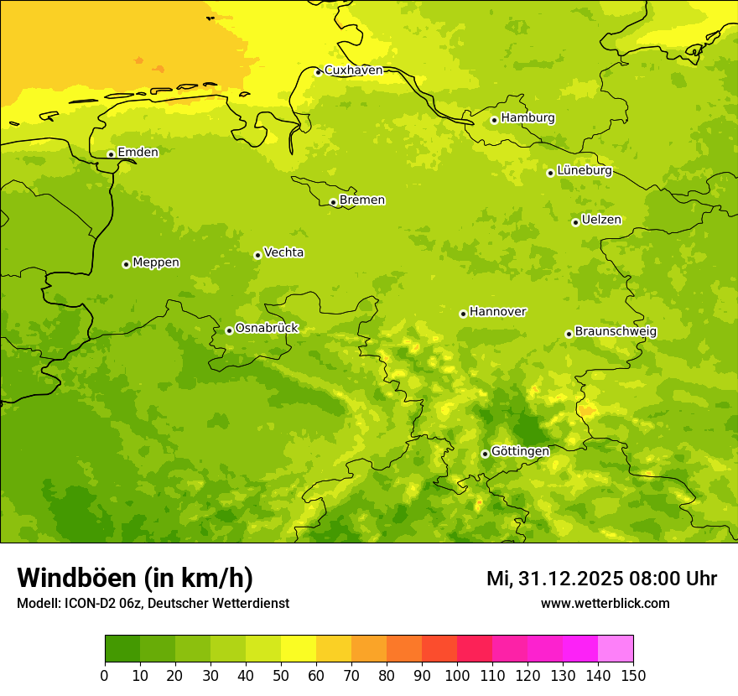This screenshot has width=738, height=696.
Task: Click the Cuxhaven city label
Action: click(x=353, y=70)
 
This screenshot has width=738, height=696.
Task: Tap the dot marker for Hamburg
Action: click(x=495, y=120)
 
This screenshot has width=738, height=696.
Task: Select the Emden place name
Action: click(x=138, y=153)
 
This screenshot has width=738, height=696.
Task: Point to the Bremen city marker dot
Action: click(x=333, y=202)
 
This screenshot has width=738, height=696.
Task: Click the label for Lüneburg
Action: click(x=584, y=170)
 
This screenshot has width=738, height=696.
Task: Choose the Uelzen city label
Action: click(x=601, y=220)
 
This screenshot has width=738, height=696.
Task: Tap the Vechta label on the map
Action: click(x=283, y=252)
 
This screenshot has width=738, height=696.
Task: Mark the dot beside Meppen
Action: click(x=126, y=264)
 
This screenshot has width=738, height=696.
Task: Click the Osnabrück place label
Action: click(x=267, y=328)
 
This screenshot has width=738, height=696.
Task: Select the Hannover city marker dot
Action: click(x=463, y=314)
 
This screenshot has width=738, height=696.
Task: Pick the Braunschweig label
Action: click(x=616, y=332)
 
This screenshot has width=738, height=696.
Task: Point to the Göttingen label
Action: click(x=520, y=451)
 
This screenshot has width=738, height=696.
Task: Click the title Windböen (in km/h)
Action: click(x=134, y=578)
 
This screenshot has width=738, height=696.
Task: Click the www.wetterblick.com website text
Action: click(x=605, y=604)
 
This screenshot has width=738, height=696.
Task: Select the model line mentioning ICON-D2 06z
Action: click(x=153, y=604)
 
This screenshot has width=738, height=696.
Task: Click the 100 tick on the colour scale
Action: click(x=457, y=676)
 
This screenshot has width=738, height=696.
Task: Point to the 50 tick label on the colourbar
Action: click(x=281, y=676)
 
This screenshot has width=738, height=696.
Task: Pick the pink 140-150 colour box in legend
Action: click(x=616, y=649)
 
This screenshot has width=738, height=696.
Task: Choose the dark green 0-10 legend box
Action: click(x=122, y=649)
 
